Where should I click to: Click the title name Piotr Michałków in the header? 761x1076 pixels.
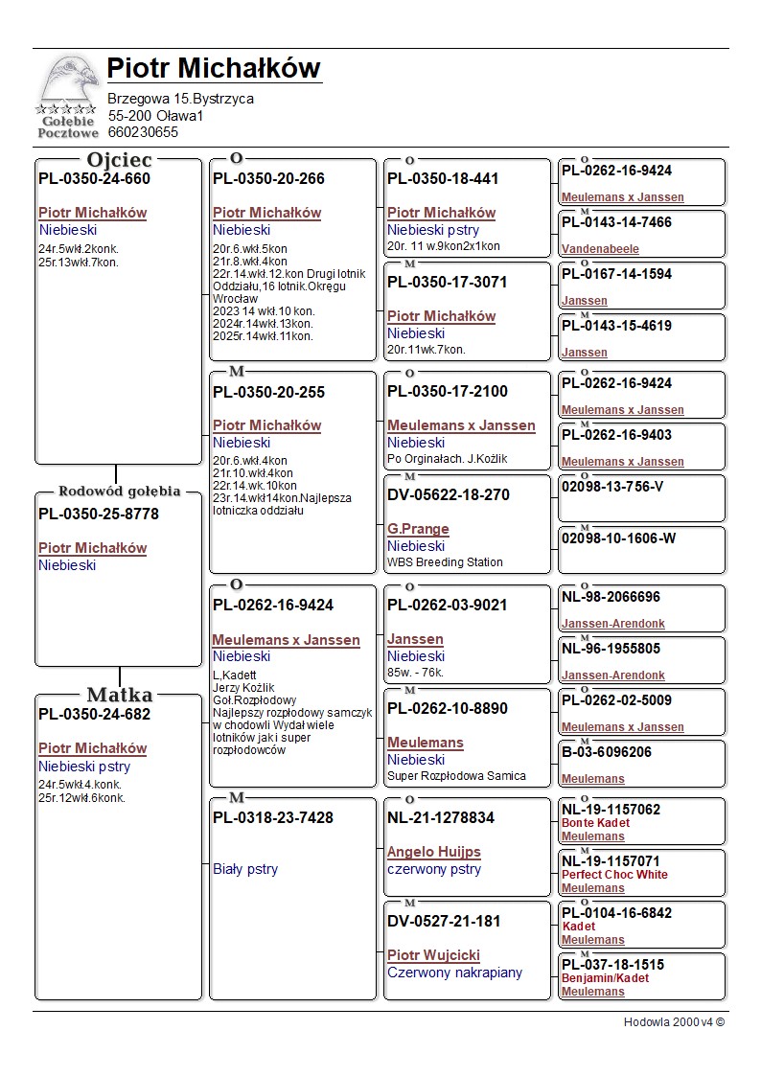click(x=213, y=69)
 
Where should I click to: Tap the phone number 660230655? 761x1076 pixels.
click(x=143, y=132)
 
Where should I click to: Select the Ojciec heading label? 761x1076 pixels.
click(x=119, y=160)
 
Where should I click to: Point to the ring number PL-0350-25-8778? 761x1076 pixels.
click(x=99, y=515)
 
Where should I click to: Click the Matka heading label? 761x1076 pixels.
click(x=119, y=695)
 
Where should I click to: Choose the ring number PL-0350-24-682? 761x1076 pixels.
click(x=94, y=715)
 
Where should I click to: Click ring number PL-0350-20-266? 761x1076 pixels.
click(x=268, y=179)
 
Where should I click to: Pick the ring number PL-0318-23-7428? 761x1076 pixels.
click(x=273, y=817)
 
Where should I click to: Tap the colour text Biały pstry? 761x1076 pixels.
click(x=245, y=870)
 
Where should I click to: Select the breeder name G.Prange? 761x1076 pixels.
click(x=418, y=529)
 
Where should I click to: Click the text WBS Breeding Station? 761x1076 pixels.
click(x=445, y=562)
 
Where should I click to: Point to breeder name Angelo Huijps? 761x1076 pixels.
click(x=433, y=852)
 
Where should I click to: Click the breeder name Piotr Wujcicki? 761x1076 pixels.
click(x=433, y=955)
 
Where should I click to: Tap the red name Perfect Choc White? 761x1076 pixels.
click(x=614, y=875)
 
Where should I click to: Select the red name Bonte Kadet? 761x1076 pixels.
click(x=595, y=823)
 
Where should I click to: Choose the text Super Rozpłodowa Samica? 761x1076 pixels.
click(x=456, y=776)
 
